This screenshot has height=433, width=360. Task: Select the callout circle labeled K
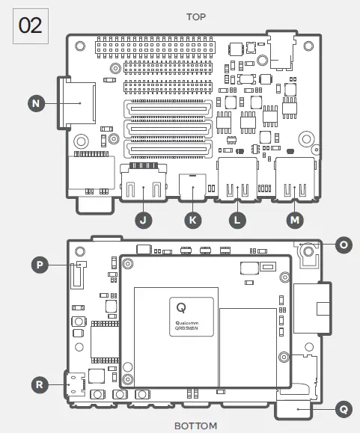(x=192, y=219)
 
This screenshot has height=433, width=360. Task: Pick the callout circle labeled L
(x=238, y=219)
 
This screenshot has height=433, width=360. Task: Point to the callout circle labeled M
(x=294, y=219)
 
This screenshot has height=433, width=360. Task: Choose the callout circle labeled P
(x=39, y=263)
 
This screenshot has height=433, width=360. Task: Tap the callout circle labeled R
(x=39, y=384)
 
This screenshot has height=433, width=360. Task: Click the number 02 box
(x=31, y=25)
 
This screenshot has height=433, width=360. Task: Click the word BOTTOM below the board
(x=195, y=426)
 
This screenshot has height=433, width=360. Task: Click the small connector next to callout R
(x=74, y=384)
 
